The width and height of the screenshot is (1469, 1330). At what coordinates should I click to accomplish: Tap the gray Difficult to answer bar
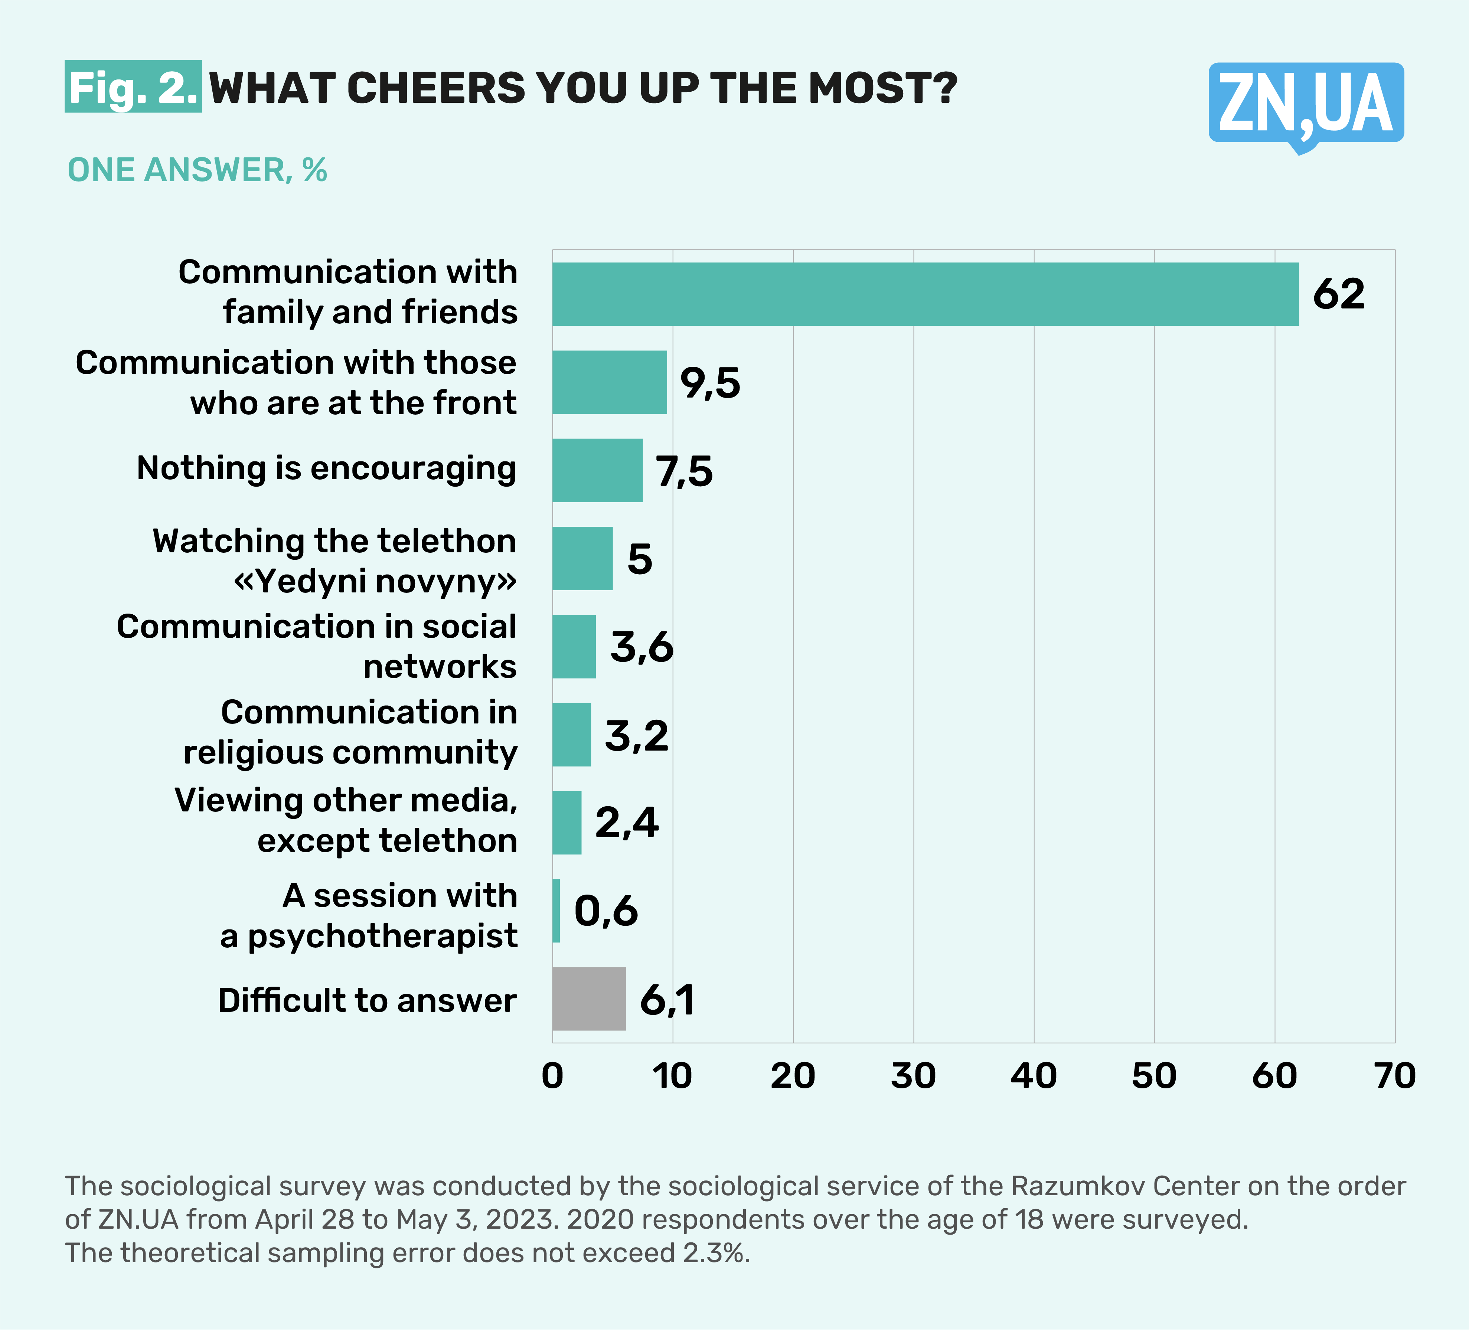point(589,999)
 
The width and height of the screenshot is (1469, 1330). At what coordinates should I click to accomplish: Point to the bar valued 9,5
point(609,383)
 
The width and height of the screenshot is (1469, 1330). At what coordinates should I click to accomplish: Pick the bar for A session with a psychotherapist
point(556,911)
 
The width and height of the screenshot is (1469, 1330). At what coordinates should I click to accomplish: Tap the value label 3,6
point(641,647)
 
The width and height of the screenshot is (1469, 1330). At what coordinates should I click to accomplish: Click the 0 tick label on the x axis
point(552,1076)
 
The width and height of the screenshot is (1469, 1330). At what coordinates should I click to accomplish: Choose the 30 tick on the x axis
point(913,1076)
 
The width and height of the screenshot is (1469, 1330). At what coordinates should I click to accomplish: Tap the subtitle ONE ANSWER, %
point(197,170)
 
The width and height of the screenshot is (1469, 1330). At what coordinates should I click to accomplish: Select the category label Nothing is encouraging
point(326,468)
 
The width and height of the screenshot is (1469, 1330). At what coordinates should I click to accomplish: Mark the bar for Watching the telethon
point(582,558)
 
